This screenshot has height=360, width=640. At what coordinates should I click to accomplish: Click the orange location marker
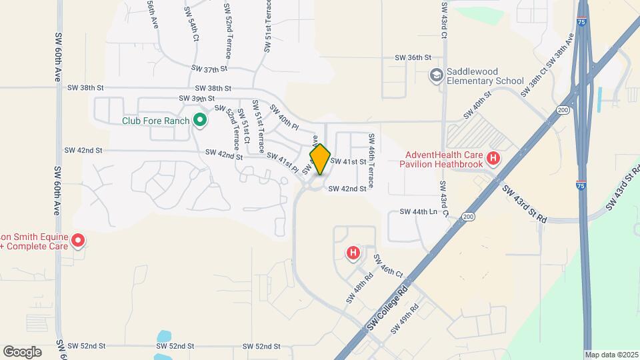[x=320, y=159]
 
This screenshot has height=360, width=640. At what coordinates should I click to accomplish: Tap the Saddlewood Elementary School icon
[x=437, y=75]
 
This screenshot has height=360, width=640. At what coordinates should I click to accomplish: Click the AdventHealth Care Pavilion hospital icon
[x=493, y=158]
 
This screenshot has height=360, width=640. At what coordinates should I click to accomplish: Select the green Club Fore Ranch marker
[x=199, y=120]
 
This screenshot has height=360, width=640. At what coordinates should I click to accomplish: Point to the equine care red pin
[x=78, y=240]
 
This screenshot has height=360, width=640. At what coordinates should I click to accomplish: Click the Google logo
[x=22, y=351]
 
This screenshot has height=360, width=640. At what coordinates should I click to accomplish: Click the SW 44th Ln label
[x=417, y=211]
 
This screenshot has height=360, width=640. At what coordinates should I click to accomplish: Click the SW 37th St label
[x=209, y=69]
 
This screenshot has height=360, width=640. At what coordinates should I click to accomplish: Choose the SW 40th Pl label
[x=284, y=117]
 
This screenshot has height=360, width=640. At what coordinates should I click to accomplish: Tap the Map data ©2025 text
[x=611, y=355]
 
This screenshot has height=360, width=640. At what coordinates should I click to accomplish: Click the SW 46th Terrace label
[x=371, y=159]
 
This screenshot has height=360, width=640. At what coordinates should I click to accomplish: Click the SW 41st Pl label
[x=283, y=161]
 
